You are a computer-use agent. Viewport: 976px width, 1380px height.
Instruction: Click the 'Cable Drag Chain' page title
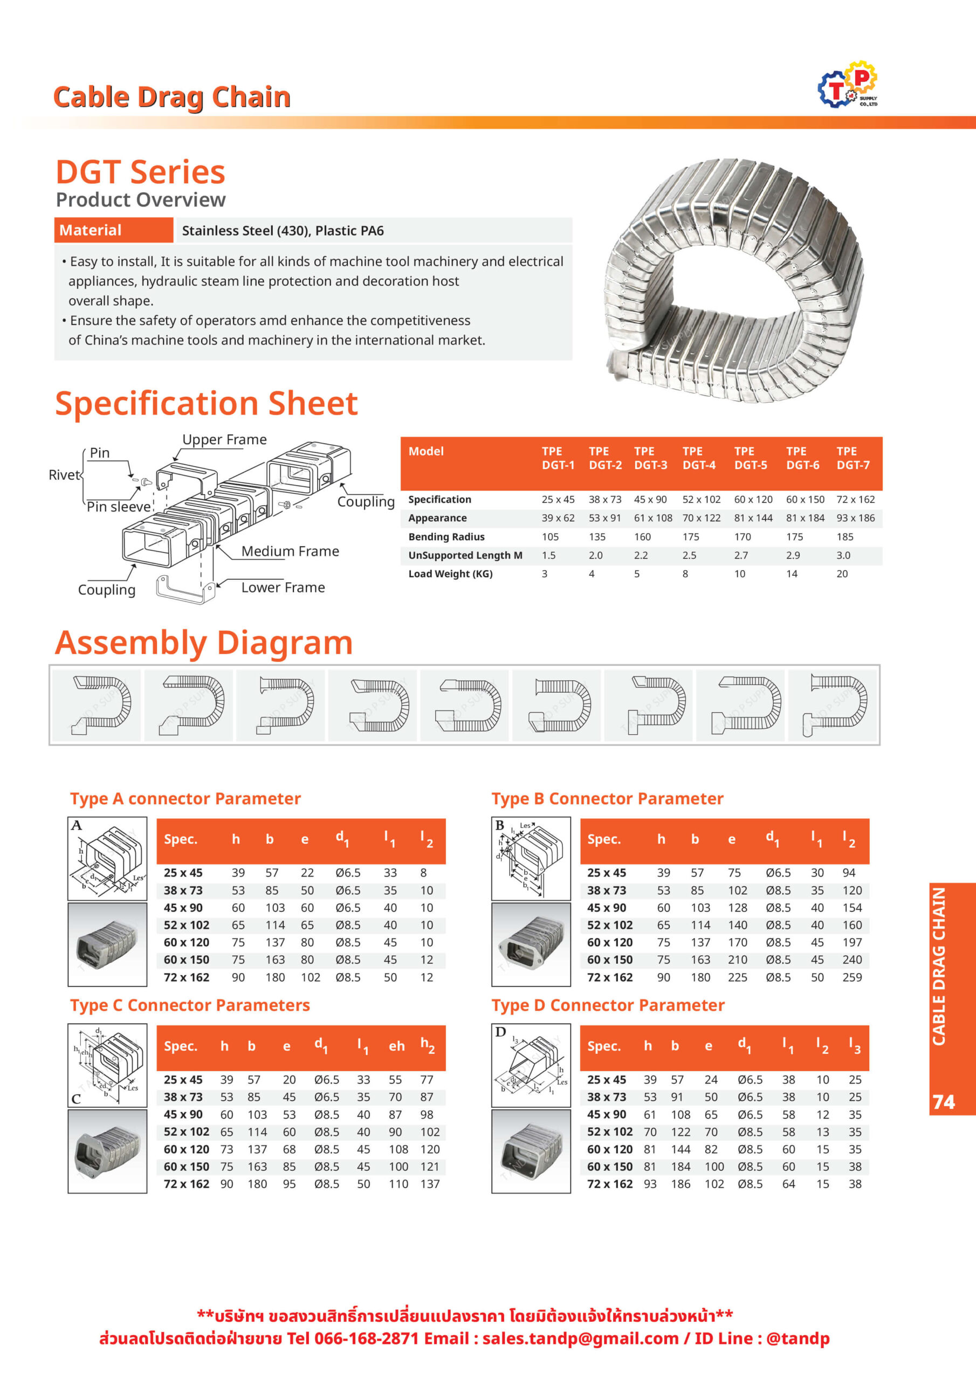click(172, 98)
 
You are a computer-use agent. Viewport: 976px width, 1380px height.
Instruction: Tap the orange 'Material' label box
click(114, 230)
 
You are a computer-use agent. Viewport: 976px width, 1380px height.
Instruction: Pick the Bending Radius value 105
click(549, 537)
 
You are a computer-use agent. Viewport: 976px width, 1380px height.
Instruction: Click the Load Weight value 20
click(842, 574)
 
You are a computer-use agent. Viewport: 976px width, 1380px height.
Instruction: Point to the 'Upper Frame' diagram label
click(224, 439)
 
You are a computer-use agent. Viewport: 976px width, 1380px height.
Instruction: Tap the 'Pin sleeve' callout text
click(119, 507)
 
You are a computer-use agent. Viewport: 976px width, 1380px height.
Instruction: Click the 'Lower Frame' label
click(283, 587)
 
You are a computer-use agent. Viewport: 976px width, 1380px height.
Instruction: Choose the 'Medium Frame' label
click(290, 551)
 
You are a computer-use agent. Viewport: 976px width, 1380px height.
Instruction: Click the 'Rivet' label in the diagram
click(64, 475)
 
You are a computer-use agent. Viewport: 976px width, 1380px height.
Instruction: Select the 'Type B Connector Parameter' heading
click(607, 799)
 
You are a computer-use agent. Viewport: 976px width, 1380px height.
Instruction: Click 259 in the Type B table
click(852, 977)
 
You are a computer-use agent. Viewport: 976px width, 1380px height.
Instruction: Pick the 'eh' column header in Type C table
click(396, 1046)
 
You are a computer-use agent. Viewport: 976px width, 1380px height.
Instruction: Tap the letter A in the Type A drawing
click(77, 826)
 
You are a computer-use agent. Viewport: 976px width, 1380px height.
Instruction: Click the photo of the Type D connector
click(531, 1151)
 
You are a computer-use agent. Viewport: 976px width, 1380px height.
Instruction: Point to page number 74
click(944, 1102)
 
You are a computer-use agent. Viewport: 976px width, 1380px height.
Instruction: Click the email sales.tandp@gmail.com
click(580, 1338)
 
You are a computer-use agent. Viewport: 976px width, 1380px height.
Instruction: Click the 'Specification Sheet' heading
click(207, 403)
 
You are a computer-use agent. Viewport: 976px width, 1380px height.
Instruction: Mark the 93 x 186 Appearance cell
click(855, 518)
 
